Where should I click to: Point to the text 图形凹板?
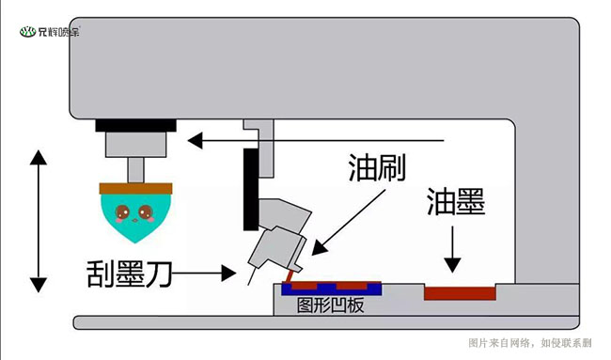[329, 306]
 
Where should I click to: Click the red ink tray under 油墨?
[460, 292]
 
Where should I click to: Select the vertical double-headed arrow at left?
[38, 220]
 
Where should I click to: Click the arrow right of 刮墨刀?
[207, 274]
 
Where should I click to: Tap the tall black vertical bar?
[250, 189]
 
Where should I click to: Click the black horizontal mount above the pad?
[135, 124]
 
